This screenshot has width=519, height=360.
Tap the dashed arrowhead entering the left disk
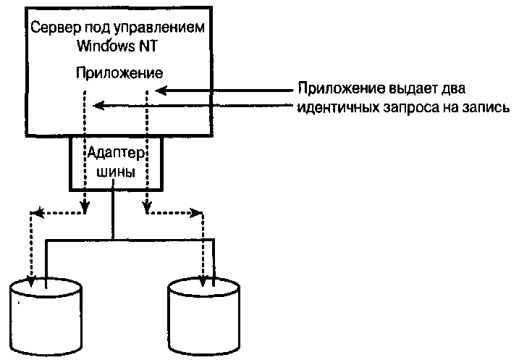31,278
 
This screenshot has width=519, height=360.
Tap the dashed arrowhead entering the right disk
203,278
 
